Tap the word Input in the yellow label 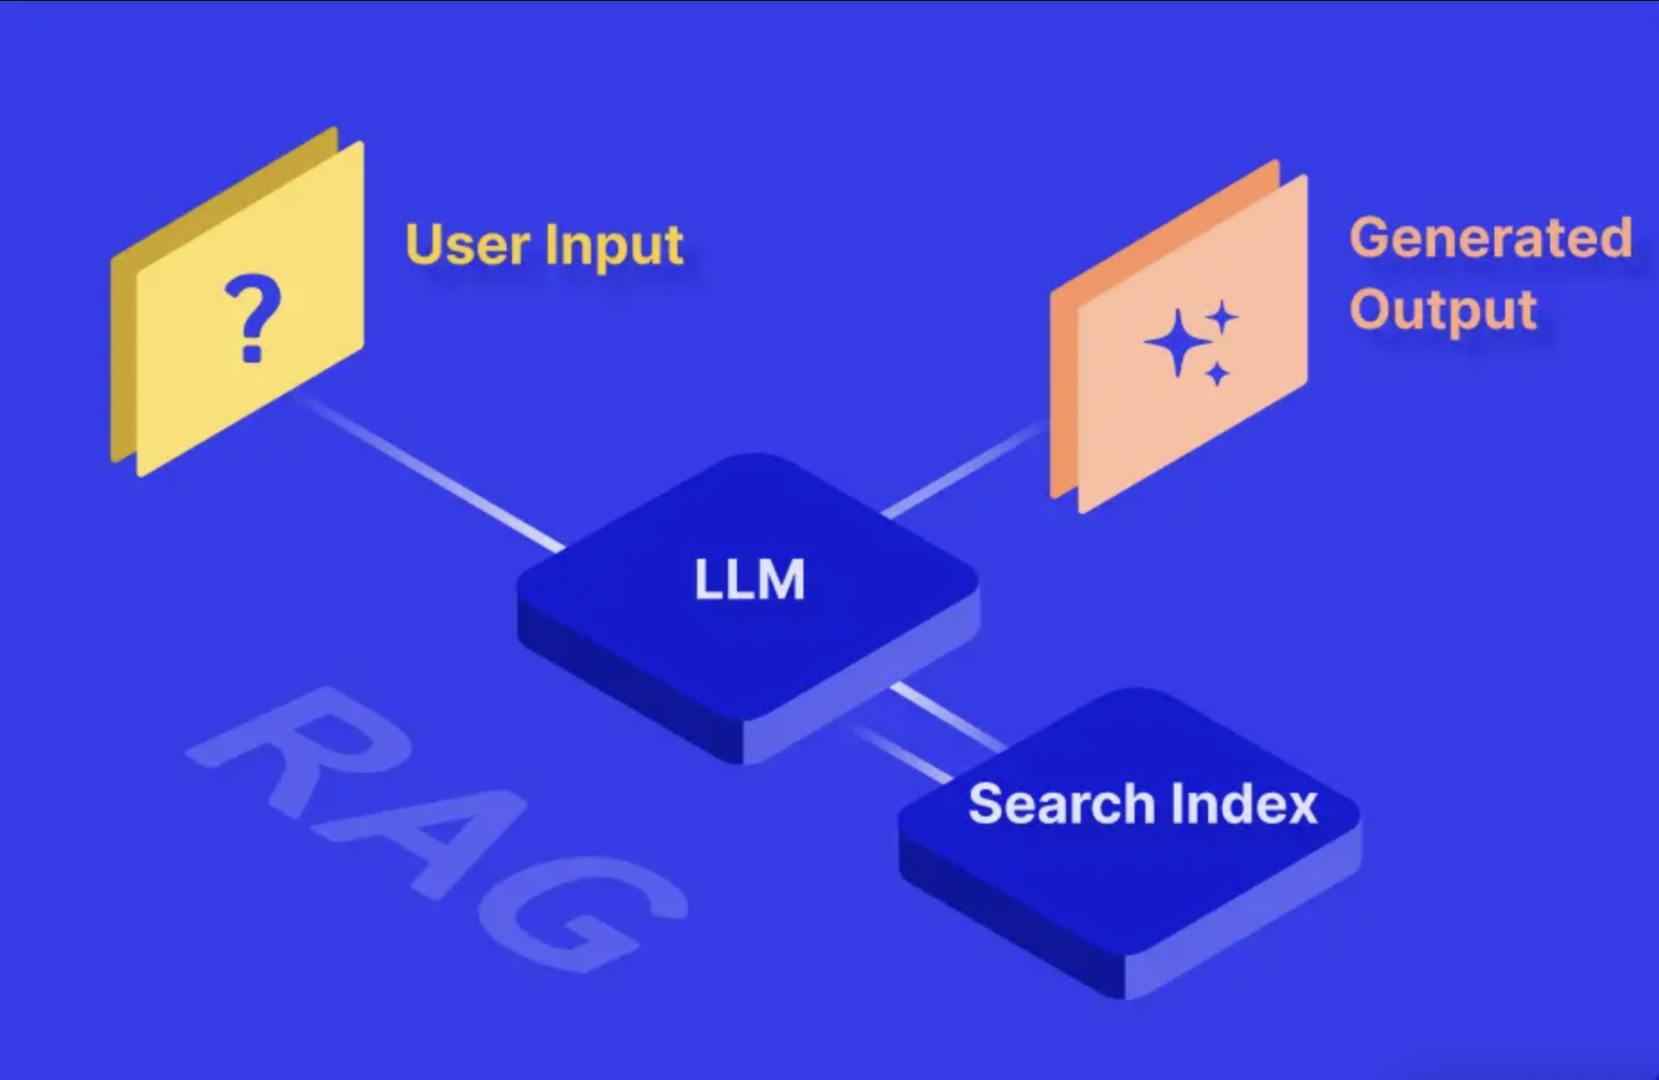[x=614, y=246]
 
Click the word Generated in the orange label [x=1490, y=238]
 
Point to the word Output [x=1443, y=310]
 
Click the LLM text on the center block [x=749, y=580]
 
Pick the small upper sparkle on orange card [x=1222, y=318]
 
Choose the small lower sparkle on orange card [x=1217, y=373]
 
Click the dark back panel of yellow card [x=122, y=360]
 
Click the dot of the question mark [x=253, y=352]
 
